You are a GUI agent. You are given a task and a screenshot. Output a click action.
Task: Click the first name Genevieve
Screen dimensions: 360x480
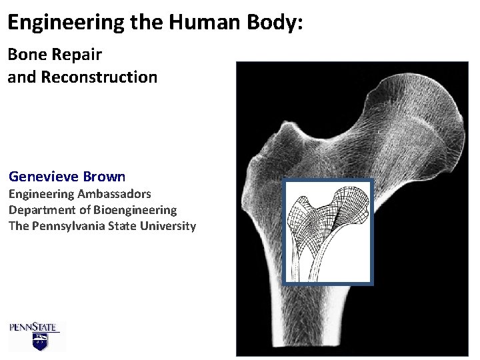44,177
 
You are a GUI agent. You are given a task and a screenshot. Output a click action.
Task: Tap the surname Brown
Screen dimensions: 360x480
105,177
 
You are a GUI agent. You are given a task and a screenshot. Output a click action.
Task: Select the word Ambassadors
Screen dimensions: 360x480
114,194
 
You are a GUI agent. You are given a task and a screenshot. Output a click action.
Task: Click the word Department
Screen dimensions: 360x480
39,210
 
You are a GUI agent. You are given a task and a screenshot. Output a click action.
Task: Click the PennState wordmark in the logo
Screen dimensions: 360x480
34,327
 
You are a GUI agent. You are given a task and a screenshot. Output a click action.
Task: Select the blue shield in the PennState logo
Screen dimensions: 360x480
40,343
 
